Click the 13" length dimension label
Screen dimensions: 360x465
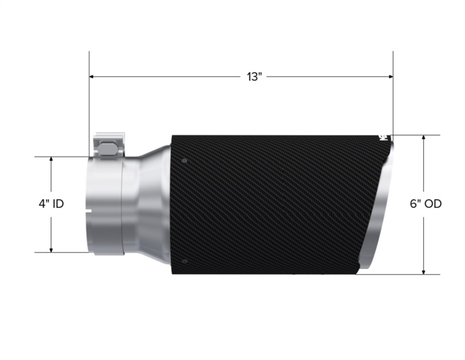tap(254, 77)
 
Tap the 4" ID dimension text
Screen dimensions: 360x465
tap(51, 204)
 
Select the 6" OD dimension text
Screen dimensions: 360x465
tap(426, 204)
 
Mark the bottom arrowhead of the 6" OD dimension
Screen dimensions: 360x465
tap(424, 272)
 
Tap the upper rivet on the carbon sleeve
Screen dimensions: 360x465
tap(185, 160)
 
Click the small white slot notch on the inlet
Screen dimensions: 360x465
tap(88, 210)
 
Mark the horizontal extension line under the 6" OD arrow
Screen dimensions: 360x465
tap(400, 275)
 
